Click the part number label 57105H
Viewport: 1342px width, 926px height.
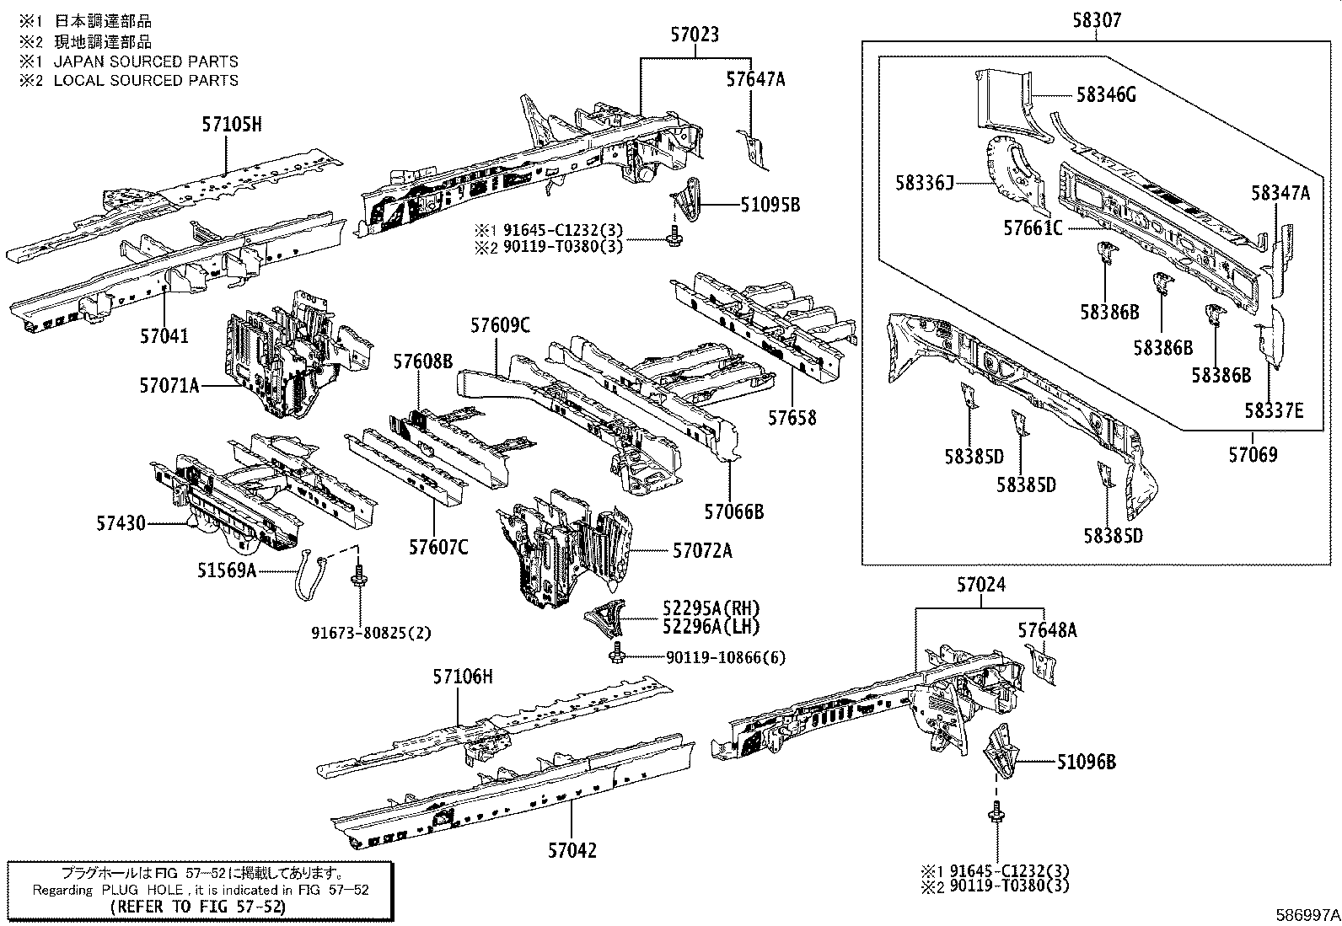pyautogui.click(x=232, y=126)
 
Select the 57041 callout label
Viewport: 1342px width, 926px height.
pyautogui.click(x=164, y=336)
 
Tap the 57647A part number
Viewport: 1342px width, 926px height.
pyautogui.click(x=755, y=79)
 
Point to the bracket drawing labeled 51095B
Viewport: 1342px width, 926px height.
pyautogui.click(x=686, y=202)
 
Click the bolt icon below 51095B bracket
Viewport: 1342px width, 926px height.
pyautogui.click(x=674, y=238)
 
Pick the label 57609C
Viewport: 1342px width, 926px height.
pyautogui.click(x=500, y=325)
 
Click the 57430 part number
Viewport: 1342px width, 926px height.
pyautogui.click(x=121, y=524)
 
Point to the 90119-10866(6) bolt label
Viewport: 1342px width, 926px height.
pyautogui.click(x=725, y=657)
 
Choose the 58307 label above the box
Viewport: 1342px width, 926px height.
pyautogui.click(x=1097, y=20)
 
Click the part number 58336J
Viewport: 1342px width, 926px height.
pyautogui.click(x=925, y=183)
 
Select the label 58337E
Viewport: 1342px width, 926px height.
pyautogui.click(x=1274, y=410)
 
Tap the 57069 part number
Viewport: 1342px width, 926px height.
pyautogui.click(x=1253, y=455)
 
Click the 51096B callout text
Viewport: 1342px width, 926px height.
pyautogui.click(x=1087, y=763)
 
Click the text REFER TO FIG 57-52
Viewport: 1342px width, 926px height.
pyautogui.click(x=197, y=907)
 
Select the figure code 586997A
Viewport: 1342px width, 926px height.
pyautogui.click(x=1307, y=914)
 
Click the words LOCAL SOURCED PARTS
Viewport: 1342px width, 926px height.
pyautogui.click(x=146, y=80)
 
